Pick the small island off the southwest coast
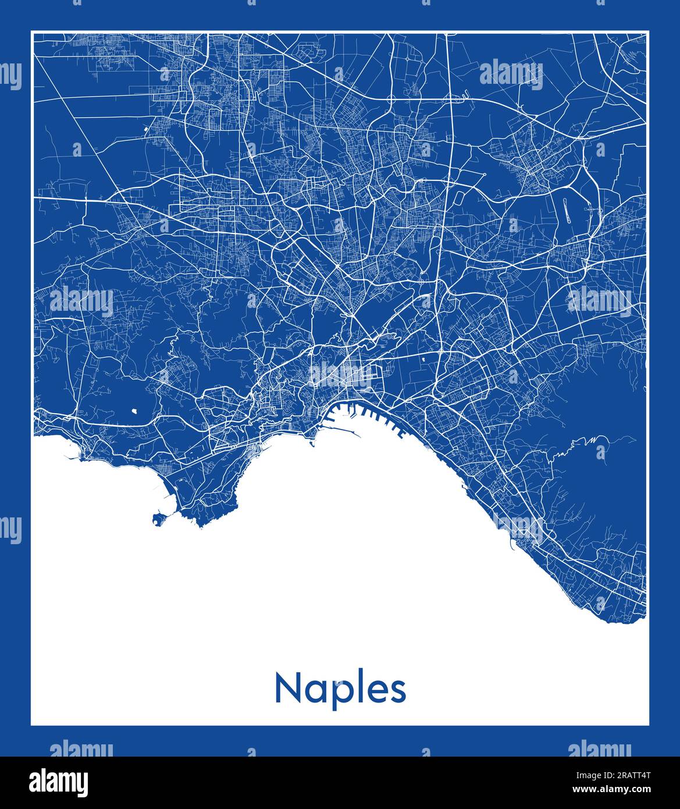coord(157,516)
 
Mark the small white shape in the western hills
coord(135,410)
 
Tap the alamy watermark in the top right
coord(511,74)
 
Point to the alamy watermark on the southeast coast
coord(519,527)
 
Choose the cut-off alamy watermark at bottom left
coord(81,748)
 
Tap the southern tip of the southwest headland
coord(201,524)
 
